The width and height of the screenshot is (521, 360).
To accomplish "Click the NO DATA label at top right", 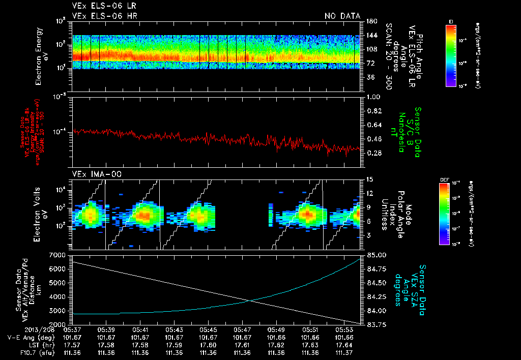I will coord(342,16).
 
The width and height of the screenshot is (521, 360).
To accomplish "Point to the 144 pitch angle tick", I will coord(370,36).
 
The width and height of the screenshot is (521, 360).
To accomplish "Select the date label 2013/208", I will coord(25,329).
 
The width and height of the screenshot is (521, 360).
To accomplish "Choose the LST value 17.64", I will coord(344,345).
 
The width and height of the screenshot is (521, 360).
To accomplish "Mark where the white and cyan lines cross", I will coord(249,301).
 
